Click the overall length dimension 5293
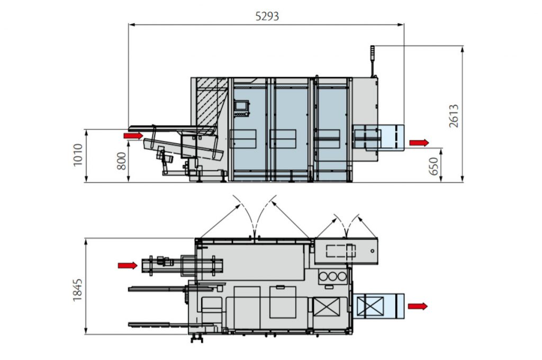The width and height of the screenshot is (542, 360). click(x=267, y=16)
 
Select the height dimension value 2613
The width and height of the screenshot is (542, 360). click(x=454, y=116)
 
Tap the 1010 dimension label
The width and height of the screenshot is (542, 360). click(x=78, y=155)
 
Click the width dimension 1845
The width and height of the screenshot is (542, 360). click(x=78, y=290)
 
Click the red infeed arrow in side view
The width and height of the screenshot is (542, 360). click(x=133, y=136)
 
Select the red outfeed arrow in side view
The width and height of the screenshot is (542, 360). click(x=419, y=142)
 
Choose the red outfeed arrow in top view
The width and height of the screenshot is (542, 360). click(x=418, y=306)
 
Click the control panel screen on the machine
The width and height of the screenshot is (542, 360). click(x=241, y=105)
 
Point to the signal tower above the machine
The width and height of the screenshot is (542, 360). click(x=373, y=61)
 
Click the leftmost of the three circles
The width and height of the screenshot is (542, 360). click(x=323, y=276)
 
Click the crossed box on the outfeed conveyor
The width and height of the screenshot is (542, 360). click(x=371, y=306)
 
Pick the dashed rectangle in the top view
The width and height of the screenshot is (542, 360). click(x=340, y=250)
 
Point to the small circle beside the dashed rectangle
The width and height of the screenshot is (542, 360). click(x=373, y=250)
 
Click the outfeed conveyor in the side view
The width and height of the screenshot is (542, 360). click(x=378, y=137)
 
